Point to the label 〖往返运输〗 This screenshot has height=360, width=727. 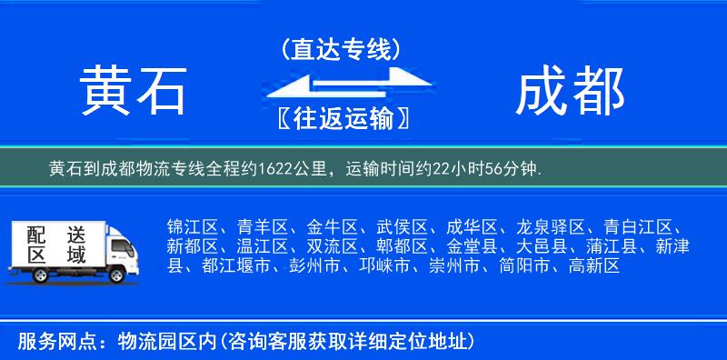[341, 119]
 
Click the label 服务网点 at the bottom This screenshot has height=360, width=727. [46, 342]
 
